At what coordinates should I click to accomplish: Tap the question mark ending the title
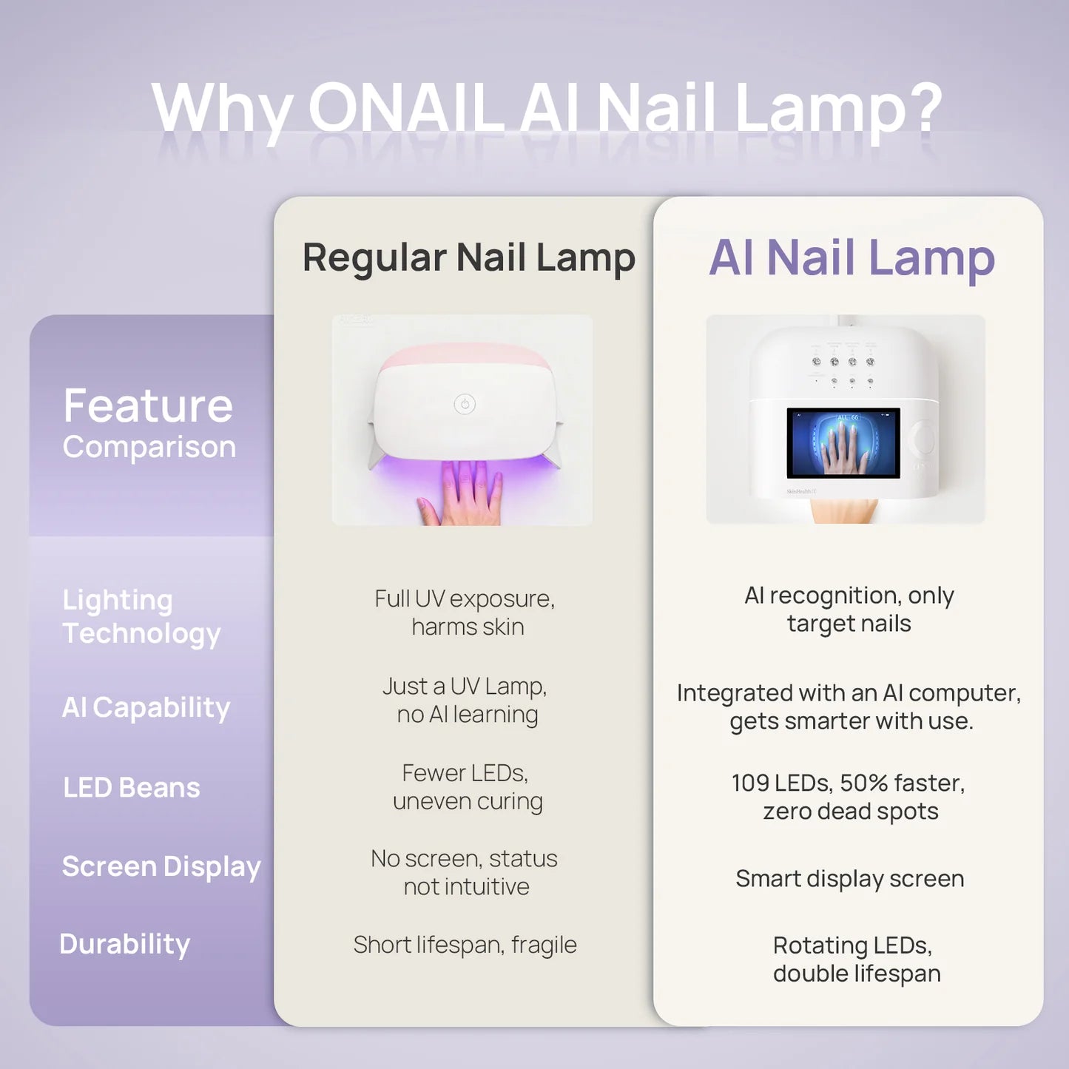925,108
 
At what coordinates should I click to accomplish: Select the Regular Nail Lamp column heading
468,257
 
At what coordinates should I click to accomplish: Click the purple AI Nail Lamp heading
852,257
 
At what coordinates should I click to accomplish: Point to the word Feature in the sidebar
148,405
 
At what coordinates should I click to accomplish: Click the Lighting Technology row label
141,616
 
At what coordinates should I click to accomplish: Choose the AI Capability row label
146,707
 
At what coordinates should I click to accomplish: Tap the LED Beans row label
132,788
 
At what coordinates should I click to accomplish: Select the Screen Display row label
161,866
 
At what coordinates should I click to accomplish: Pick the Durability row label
124,944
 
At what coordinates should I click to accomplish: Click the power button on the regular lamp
465,404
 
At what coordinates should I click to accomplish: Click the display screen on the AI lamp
843,442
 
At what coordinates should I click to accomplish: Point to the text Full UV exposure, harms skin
465,613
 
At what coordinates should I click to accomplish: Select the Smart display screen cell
849,878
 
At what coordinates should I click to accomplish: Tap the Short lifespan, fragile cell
465,945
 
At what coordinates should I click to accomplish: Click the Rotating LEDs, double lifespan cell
855,959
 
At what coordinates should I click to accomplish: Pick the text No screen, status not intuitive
465,872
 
